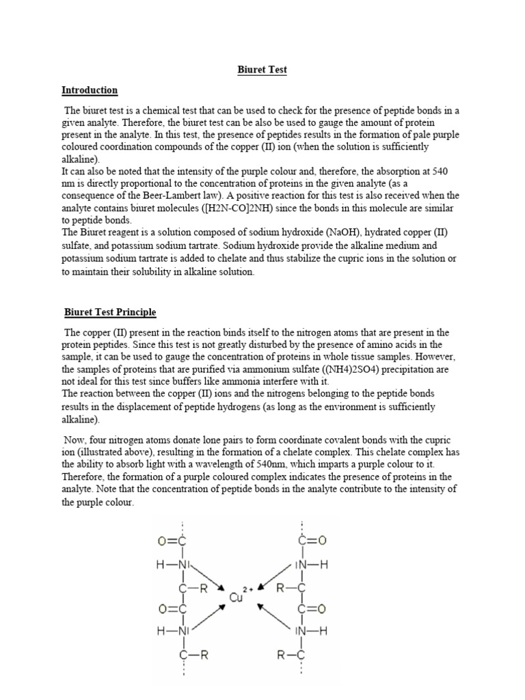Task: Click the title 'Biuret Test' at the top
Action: [262, 70]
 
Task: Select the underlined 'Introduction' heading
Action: [90, 90]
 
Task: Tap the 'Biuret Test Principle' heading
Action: [109, 312]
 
